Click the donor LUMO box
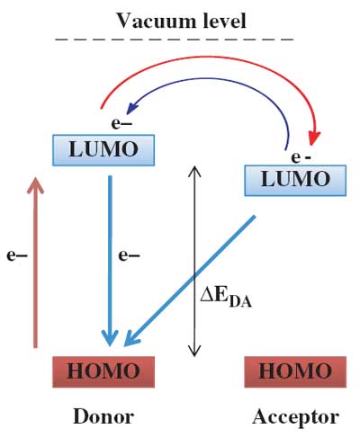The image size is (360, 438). click(103, 150)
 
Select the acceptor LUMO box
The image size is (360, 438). click(295, 180)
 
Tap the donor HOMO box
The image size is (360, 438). click(103, 371)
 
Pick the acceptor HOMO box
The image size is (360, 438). click(295, 371)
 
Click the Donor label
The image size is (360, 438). click(103, 416)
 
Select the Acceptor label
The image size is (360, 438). click(296, 417)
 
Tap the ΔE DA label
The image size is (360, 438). click(226, 299)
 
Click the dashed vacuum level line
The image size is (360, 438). click(175, 40)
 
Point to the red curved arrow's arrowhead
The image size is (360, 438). click(313, 138)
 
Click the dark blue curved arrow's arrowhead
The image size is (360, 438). click(131, 108)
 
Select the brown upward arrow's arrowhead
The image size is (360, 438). click(35, 185)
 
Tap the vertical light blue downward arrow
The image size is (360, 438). click(110, 261)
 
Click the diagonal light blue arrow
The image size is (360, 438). click(190, 281)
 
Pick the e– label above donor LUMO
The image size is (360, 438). click(121, 123)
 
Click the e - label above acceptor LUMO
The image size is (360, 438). click(301, 157)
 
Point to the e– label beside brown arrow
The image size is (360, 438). click(17, 255)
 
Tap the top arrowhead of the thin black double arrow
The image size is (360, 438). click(194, 171)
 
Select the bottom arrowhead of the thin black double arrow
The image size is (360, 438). click(194, 351)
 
